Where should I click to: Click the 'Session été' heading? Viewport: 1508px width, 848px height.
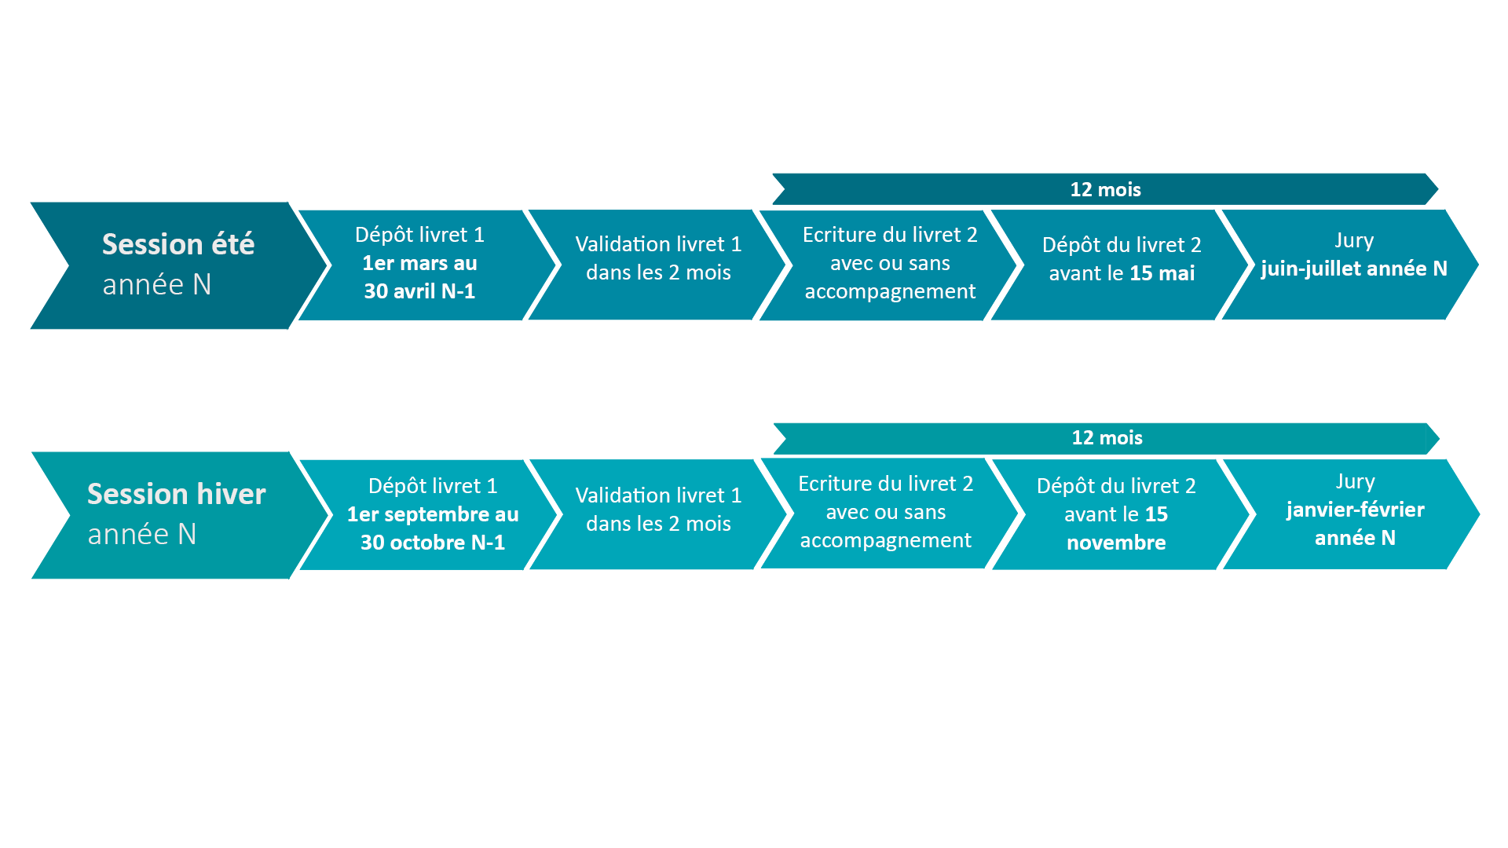[x=178, y=244]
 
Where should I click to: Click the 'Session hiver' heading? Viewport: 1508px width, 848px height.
[x=177, y=494]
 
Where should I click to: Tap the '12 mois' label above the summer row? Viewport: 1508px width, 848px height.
[x=1105, y=189]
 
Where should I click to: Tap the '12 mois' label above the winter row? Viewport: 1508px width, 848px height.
[x=1107, y=437]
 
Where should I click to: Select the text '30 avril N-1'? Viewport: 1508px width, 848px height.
[x=419, y=291]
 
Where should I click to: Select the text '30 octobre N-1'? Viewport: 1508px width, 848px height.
[x=433, y=543]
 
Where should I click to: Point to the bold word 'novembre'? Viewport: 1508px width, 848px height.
[x=1116, y=543]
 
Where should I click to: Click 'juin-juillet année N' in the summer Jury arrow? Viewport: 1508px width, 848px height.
[x=1354, y=269]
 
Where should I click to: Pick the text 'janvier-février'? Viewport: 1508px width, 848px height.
[x=1355, y=510]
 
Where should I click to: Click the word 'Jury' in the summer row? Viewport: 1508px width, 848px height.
[x=1354, y=240]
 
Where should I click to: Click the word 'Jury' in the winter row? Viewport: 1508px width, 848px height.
[x=1355, y=481]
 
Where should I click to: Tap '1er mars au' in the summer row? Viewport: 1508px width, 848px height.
[x=419, y=263]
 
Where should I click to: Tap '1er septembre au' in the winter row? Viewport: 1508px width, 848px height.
[x=433, y=514]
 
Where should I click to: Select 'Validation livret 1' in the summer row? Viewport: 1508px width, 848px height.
[x=658, y=244]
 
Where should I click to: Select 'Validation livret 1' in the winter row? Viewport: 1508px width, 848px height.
[x=658, y=495]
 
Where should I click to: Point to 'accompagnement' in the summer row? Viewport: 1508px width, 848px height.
[x=890, y=292]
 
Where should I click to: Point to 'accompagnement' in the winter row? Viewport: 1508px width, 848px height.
[x=885, y=541]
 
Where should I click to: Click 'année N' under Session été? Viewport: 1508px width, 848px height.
[x=157, y=284]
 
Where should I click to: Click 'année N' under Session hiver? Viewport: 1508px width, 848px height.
[x=142, y=534]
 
